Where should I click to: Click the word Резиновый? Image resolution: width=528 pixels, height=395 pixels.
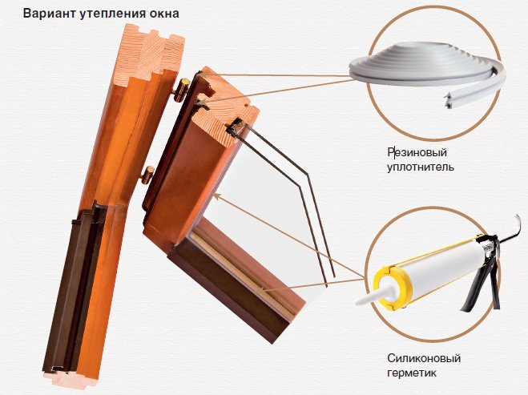pos(417,152)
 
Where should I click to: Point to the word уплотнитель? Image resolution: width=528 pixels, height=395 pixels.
pos(421,167)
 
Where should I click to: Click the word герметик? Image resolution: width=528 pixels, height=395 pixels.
pos(412,373)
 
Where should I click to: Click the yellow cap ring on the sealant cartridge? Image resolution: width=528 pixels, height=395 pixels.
pos(393,288)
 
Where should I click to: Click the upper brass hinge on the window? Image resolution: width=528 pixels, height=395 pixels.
pos(182,90)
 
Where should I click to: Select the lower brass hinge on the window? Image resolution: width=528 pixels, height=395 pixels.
pos(147,175)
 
